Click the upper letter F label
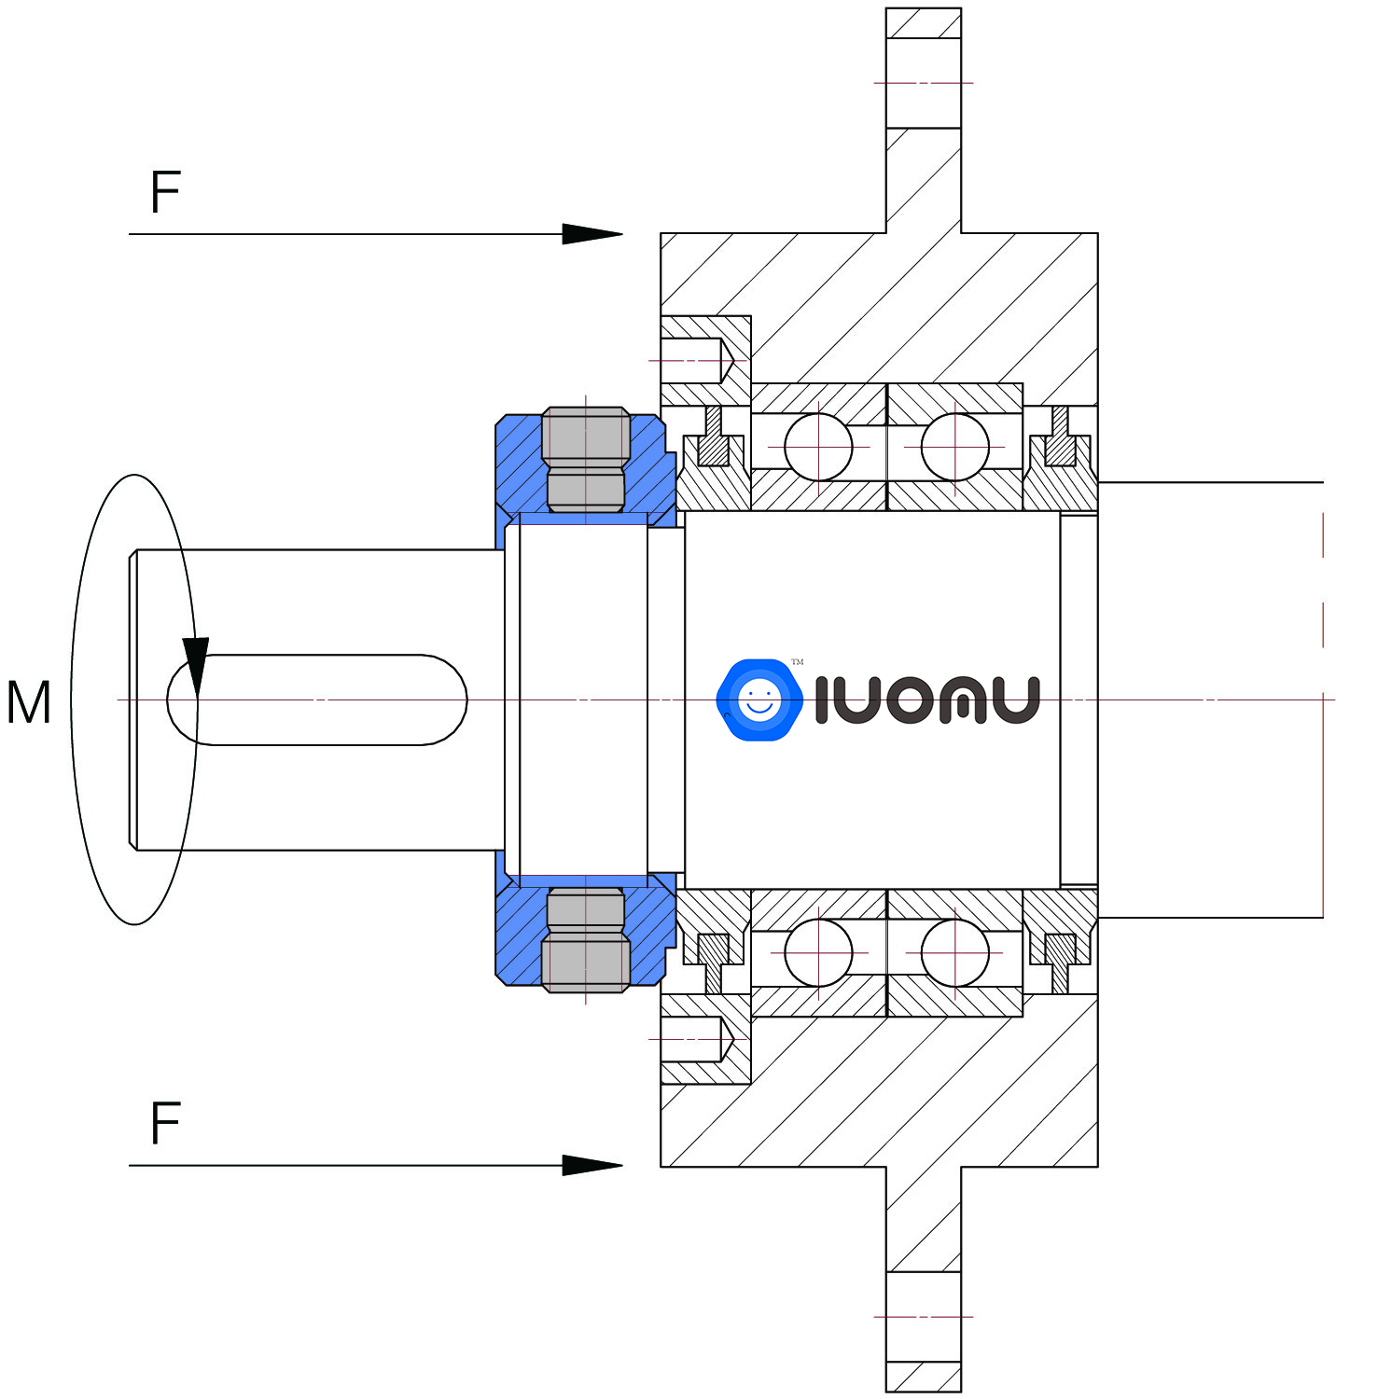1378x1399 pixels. tap(165, 192)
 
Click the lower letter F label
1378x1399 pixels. tap(165, 1123)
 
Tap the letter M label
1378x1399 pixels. tap(28, 702)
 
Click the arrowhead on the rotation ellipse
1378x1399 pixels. tap(196, 664)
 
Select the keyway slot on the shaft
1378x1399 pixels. tap(317, 699)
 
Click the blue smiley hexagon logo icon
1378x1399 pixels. tap(759, 699)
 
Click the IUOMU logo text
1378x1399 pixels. tap(926, 699)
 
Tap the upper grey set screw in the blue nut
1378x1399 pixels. tap(585, 459)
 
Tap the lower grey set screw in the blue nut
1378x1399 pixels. tap(585, 940)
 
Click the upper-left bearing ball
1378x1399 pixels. tap(818, 448)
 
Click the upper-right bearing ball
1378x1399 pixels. tap(954, 448)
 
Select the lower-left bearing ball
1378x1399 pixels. tap(818, 952)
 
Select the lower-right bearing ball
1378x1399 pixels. tap(954, 952)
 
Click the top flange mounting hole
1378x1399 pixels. tap(923, 83)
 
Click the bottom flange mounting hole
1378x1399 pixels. tap(923, 1316)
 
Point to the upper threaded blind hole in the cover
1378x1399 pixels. tap(696, 361)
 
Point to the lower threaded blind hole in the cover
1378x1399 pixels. tap(696, 1038)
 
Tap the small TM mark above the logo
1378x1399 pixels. tap(797, 662)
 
